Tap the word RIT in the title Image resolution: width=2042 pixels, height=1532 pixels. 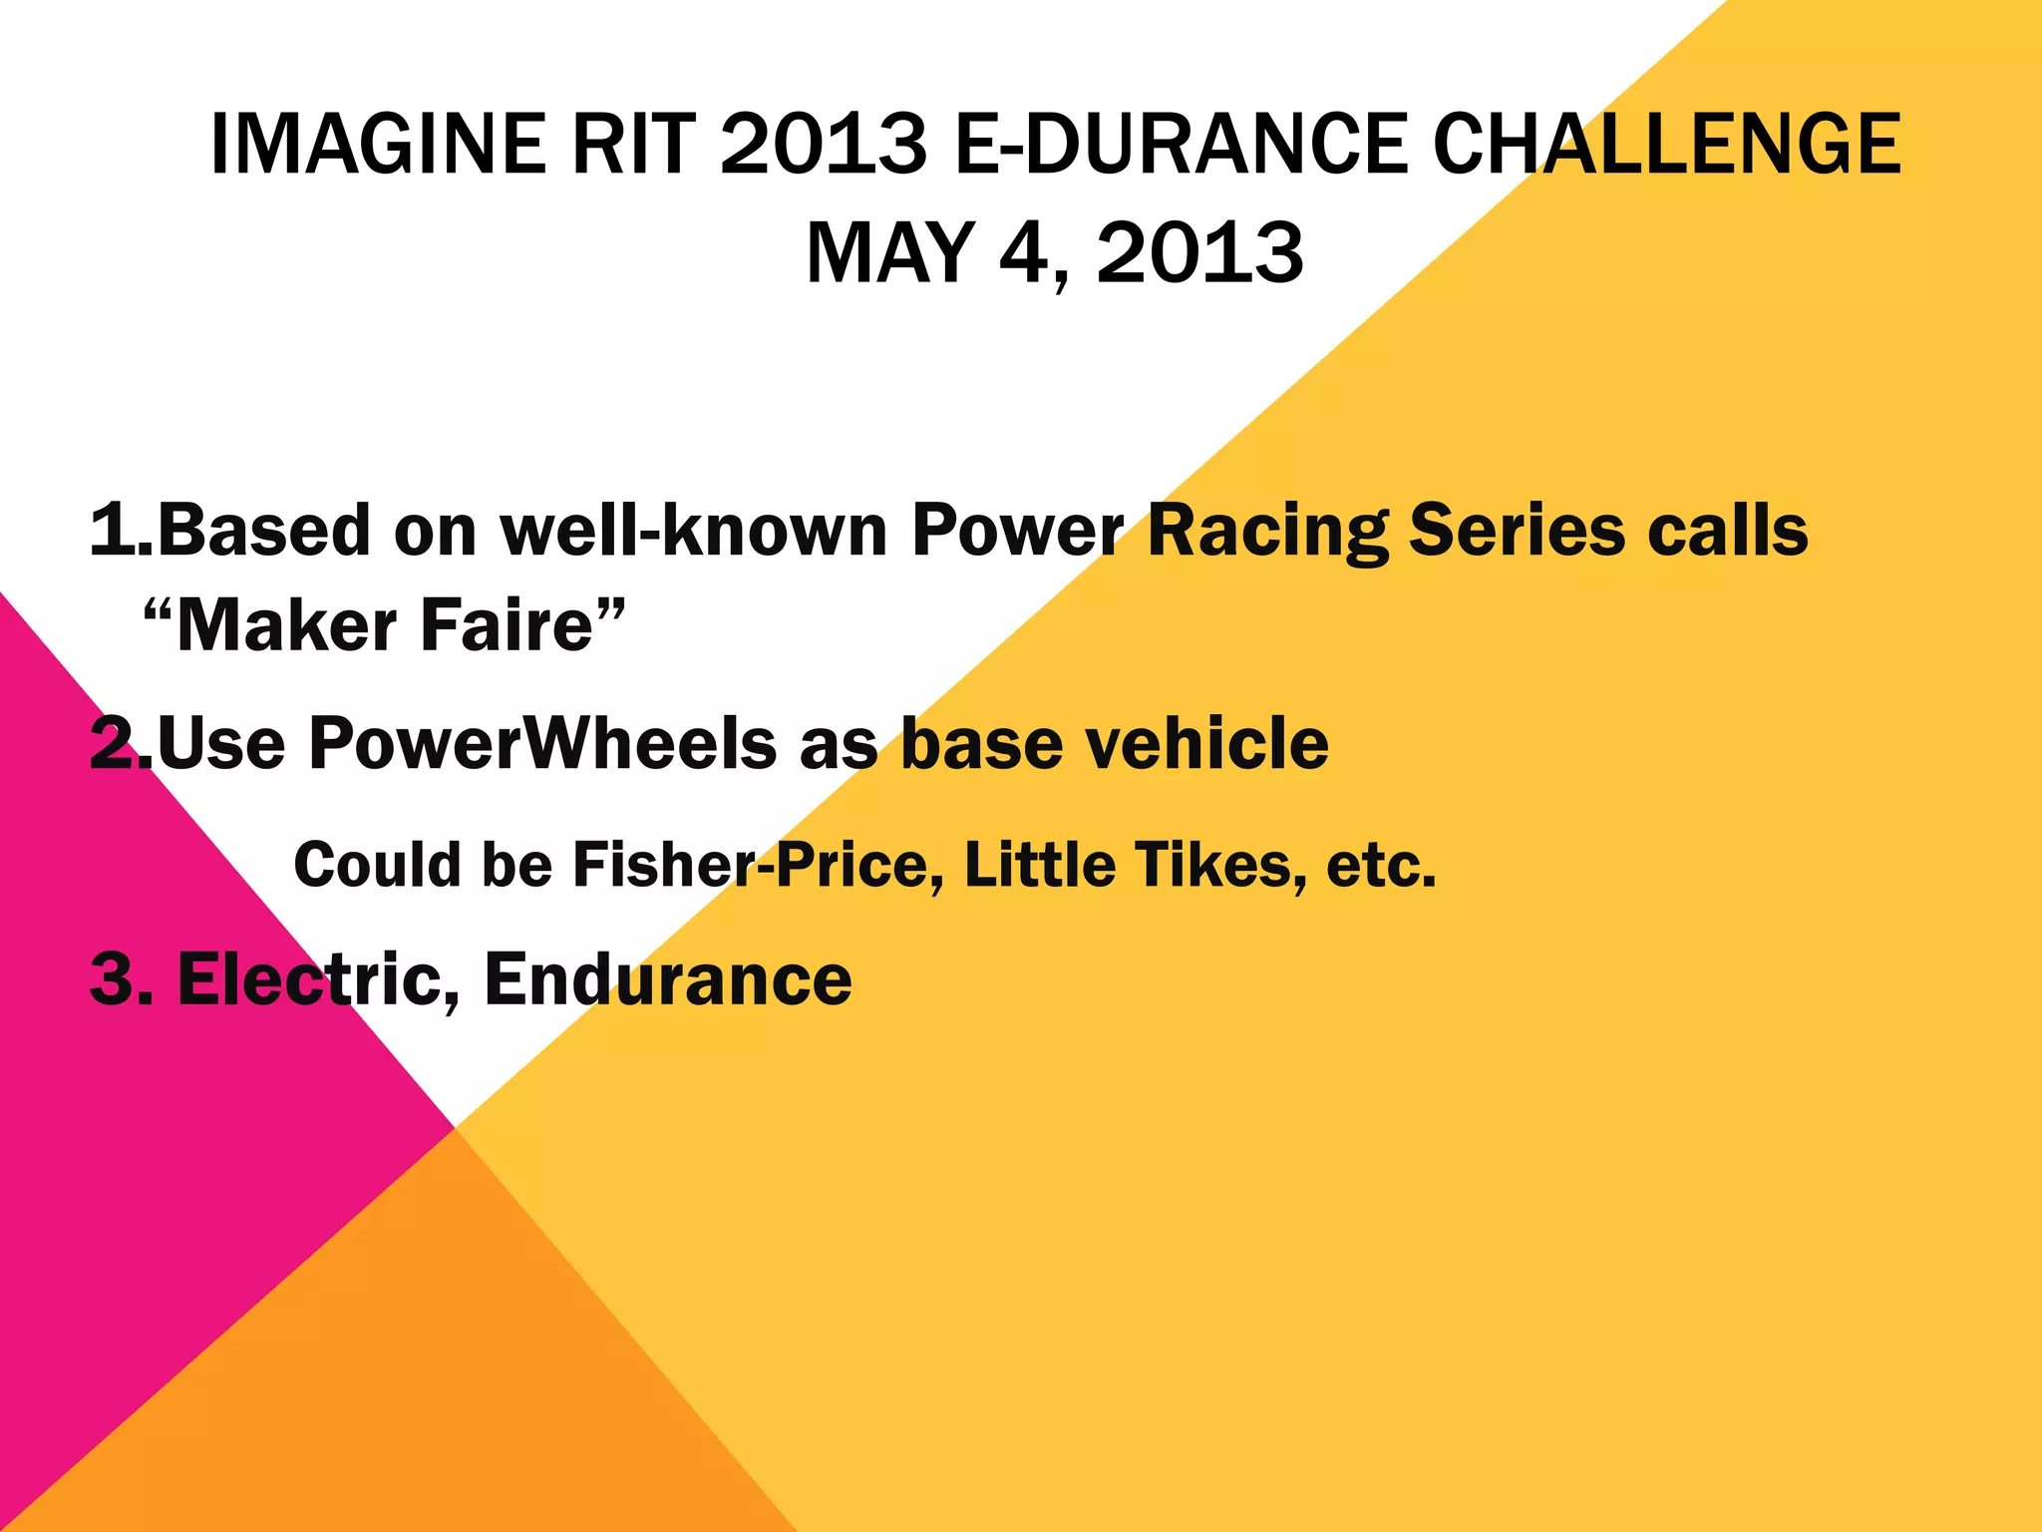[x=632, y=145]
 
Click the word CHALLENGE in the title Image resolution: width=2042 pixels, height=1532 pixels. [x=1666, y=145]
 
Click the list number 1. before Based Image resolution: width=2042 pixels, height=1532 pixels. [x=121, y=530]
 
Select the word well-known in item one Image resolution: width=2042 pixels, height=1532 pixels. [x=694, y=530]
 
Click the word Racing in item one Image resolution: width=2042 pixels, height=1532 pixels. [x=1267, y=532]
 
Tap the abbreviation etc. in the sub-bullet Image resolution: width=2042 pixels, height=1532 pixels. [x=1381, y=864]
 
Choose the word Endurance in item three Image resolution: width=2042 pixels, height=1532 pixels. [x=668, y=979]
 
